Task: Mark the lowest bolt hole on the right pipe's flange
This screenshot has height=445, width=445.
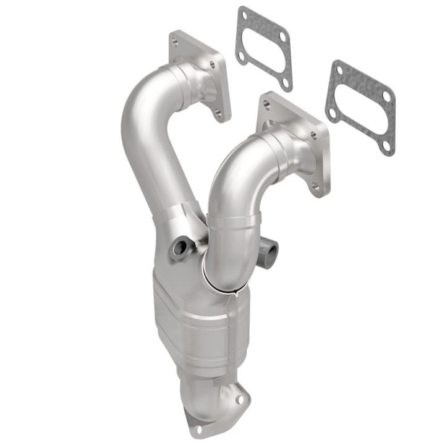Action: (x=316, y=185)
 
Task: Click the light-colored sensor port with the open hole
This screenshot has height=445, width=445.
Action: (x=180, y=248)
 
